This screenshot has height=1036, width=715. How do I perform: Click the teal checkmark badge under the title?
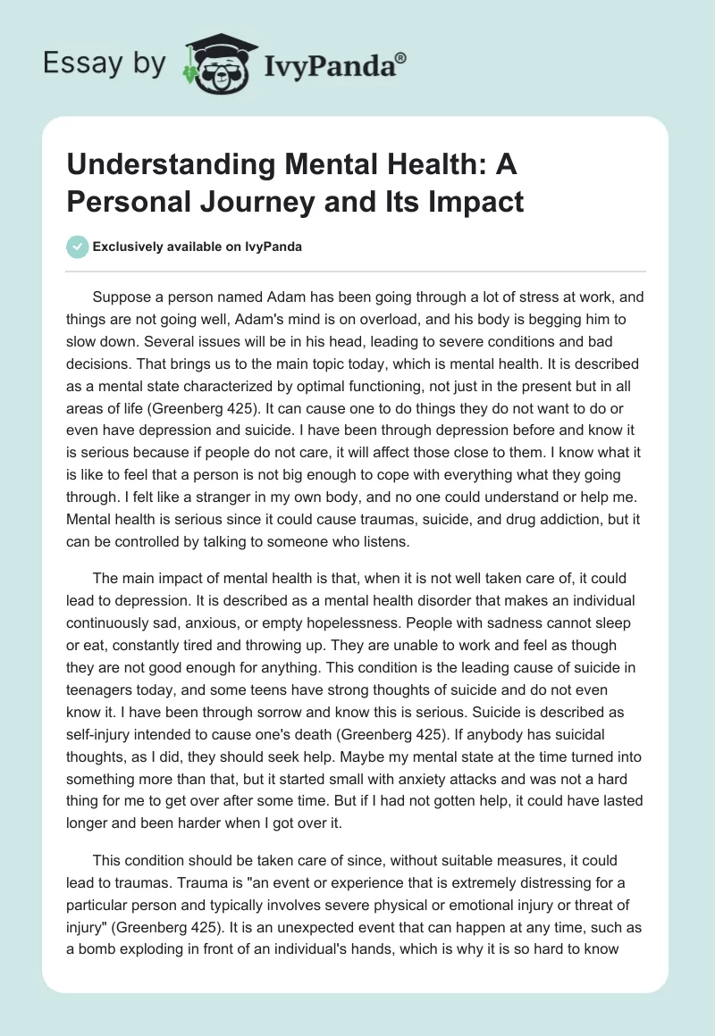78,246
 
